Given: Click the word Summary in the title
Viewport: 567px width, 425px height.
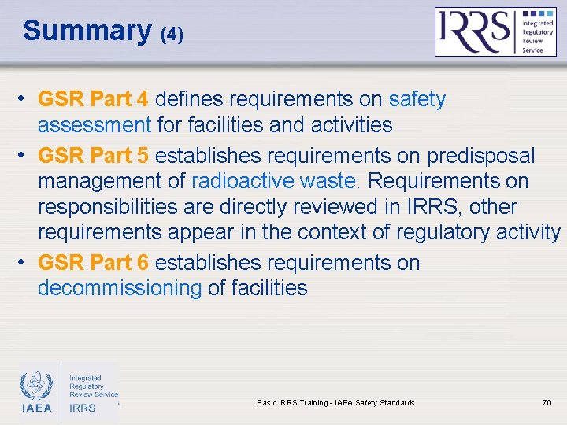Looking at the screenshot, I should point(87,31).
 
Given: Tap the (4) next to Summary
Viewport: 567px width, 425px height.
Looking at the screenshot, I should point(171,35).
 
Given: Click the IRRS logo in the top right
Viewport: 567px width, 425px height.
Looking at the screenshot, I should point(495,31).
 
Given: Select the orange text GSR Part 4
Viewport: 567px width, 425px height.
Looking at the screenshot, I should point(93,100).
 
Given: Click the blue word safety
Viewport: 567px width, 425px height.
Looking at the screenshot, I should point(417,100).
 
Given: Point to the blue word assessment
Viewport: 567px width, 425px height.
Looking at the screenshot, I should point(94,125).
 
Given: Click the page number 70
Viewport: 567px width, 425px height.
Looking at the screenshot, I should point(547,403).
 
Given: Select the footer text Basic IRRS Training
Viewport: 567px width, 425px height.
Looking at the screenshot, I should point(292,403).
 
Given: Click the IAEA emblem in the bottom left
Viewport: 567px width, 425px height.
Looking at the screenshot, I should point(36,390).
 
